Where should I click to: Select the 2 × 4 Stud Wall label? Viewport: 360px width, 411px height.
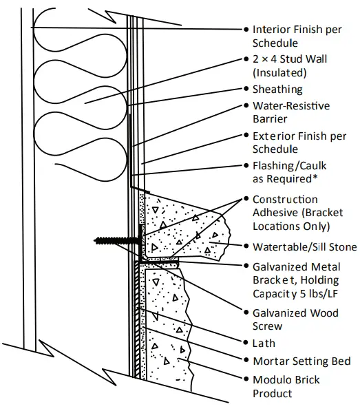coord(289,65)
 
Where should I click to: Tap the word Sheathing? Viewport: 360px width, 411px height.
coord(277,89)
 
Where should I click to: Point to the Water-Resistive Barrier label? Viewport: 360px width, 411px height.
coord(290,112)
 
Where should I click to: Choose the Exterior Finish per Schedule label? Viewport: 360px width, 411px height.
coord(299,143)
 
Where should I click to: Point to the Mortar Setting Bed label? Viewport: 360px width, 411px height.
coord(301,361)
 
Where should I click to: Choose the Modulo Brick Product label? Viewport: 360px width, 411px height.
coord(286,386)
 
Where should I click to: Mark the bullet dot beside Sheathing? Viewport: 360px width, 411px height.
coord(246,89)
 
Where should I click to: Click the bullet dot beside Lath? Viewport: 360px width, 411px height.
coord(246,342)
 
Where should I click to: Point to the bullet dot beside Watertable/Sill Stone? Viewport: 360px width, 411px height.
coord(246,247)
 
